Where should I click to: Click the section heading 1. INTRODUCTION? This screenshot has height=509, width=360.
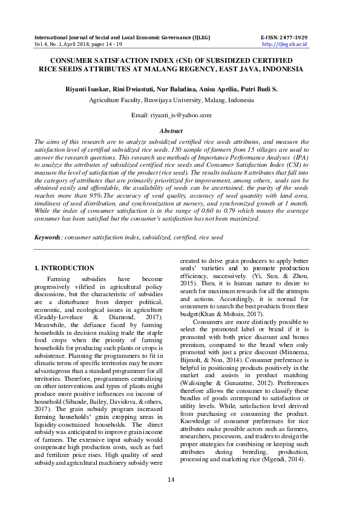click(x=64, y=268)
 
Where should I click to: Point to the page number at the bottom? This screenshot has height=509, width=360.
click(x=180, y=480)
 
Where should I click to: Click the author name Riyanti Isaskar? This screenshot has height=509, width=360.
click(x=89, y=89)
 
